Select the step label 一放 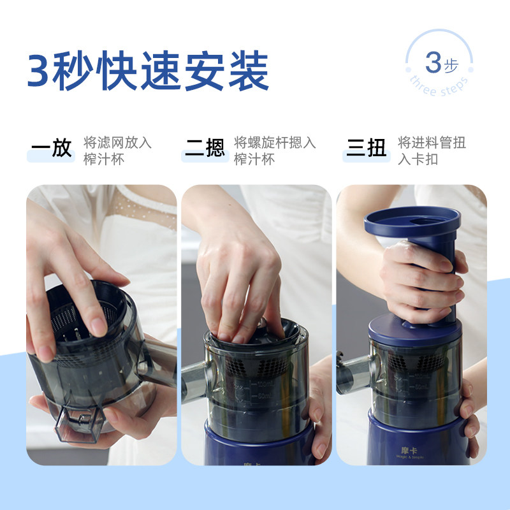coord(52,149)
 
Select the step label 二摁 coord(205,149)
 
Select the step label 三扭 coord(367,149)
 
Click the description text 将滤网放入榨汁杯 coord(118,150)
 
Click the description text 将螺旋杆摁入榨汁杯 coord(275,150)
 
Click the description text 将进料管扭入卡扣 coord(432,150)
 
